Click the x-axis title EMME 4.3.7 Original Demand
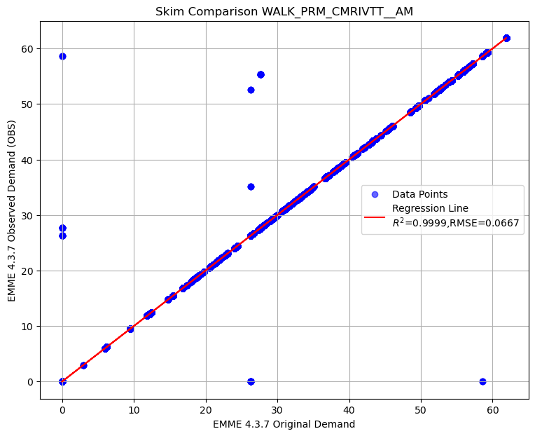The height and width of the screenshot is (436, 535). click(284, 423)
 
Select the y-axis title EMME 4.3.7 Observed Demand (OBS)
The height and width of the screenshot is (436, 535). click(12, 210)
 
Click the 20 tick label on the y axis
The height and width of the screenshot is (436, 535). click(28, 271)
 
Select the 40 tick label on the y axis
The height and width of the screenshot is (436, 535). click(28, 160)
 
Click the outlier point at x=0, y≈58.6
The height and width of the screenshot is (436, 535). click(62, 56)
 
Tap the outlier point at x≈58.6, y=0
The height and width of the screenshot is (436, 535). click(482, 381)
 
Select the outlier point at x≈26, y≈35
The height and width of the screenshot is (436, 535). click(251, 186)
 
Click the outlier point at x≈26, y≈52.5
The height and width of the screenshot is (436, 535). click(251, 90)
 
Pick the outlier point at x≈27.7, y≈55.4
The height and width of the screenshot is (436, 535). click(260, 74)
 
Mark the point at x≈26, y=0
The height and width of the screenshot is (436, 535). click(251, 381)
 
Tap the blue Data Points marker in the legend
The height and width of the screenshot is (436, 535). click(375, 194)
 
